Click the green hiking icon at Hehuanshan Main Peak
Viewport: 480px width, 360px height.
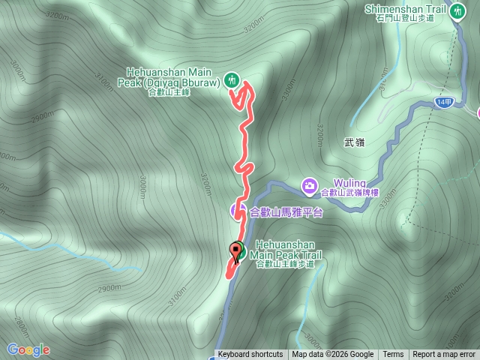pyautogui.click(x=232, y=78)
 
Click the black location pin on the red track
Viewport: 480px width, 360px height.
pyautogui.click(x=238, y=251)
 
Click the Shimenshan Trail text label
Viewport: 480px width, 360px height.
pyautogui.click(x=406, y=8)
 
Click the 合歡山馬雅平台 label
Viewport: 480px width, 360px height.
pyautogui.click(x=286, y=211)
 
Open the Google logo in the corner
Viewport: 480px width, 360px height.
pyautogui.click(x=28, y=349)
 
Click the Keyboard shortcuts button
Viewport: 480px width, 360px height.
pyautogui.click(x=250, y=355)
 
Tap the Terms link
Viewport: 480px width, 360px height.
pyautogui.click(x=393, y=355)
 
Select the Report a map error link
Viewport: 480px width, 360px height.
pyautogui.click(x=444, y=355)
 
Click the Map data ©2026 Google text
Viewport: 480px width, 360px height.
pyautogui.click(x=333, y=355)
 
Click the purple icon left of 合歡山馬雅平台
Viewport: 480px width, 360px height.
pyautogui.click(x=238, y=211)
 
